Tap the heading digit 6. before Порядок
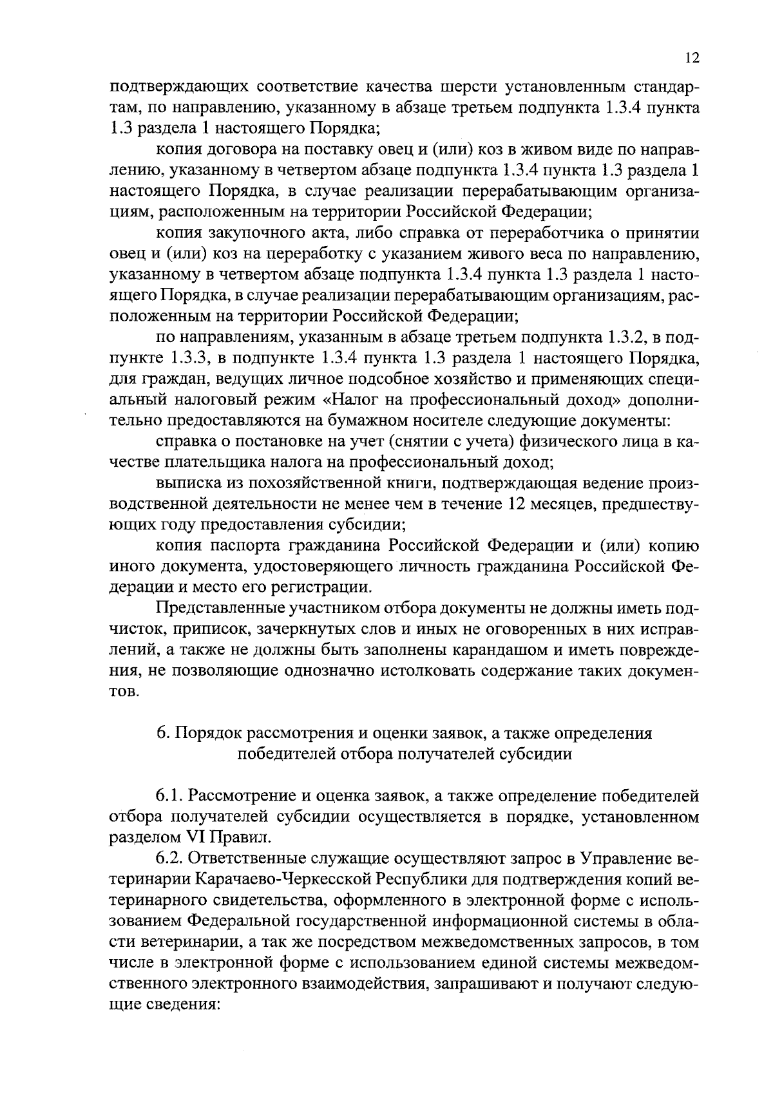[x=162, y=734]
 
